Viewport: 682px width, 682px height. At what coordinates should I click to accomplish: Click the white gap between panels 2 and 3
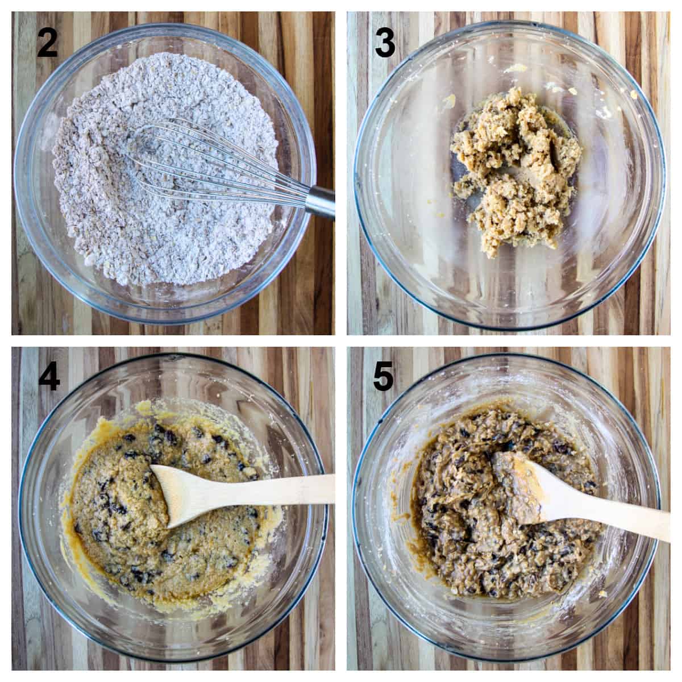[x=341, y=170]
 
